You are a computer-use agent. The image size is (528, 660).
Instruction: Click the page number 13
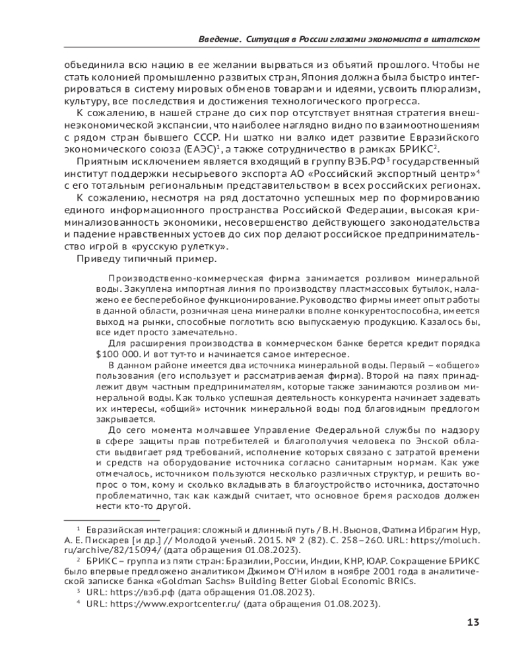(473, 622)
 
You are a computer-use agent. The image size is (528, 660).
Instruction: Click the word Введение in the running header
(218, 40)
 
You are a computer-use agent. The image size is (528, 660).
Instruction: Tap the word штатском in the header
(456, 40)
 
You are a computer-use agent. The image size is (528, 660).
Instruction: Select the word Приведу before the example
(98, 258)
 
